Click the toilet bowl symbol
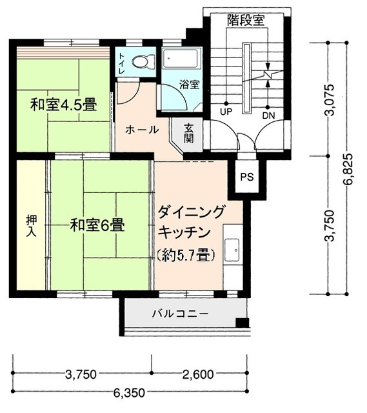coord(144,62)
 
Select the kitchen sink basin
coord(232,250)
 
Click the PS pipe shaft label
coord(247,177)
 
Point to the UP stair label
coord(226,112)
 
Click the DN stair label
coord(268,116)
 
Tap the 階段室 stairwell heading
coord(246,20)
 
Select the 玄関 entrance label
coord(189,134)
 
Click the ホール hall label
coord(142,130)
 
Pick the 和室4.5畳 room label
coord(64,105)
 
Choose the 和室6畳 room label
coord(97,226)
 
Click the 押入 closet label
coord(32,227)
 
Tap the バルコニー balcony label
coord(181,314)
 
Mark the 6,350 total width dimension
coord(129,393)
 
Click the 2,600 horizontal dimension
coord(198,374)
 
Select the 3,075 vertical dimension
coord(330,99)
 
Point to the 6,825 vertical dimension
coord(350,169)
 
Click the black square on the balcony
coord(242,322)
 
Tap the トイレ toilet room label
coord(122,63)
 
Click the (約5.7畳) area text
coord(186,255)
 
